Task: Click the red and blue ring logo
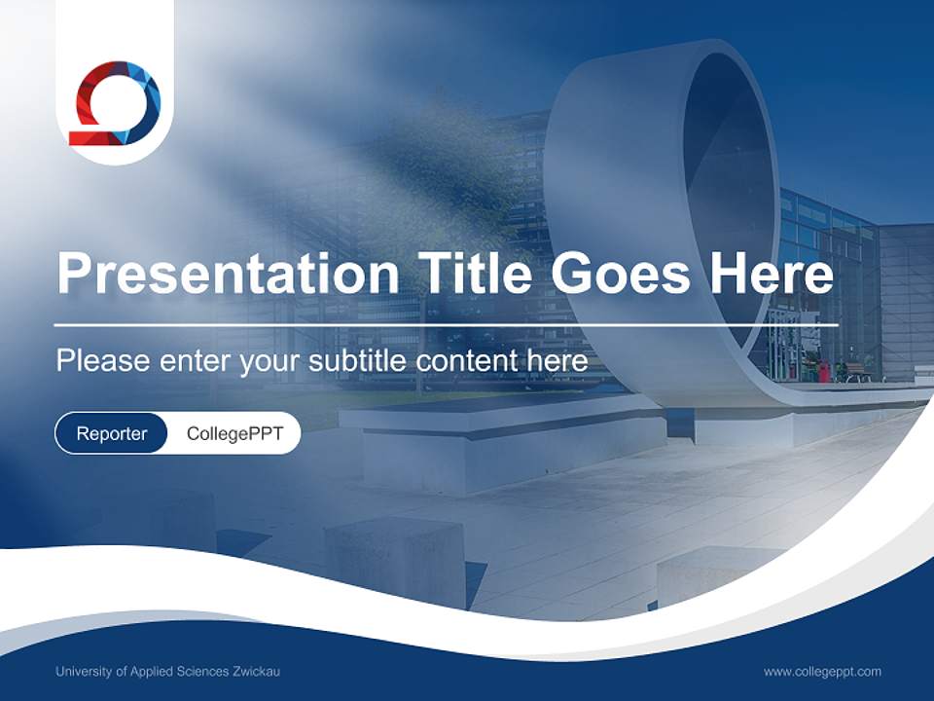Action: click(x=115, y=103)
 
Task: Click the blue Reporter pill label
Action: click(x=112, y=433)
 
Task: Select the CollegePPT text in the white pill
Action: click(x=234, y=433)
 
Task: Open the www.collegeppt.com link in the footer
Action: click(x=822, y=672)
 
